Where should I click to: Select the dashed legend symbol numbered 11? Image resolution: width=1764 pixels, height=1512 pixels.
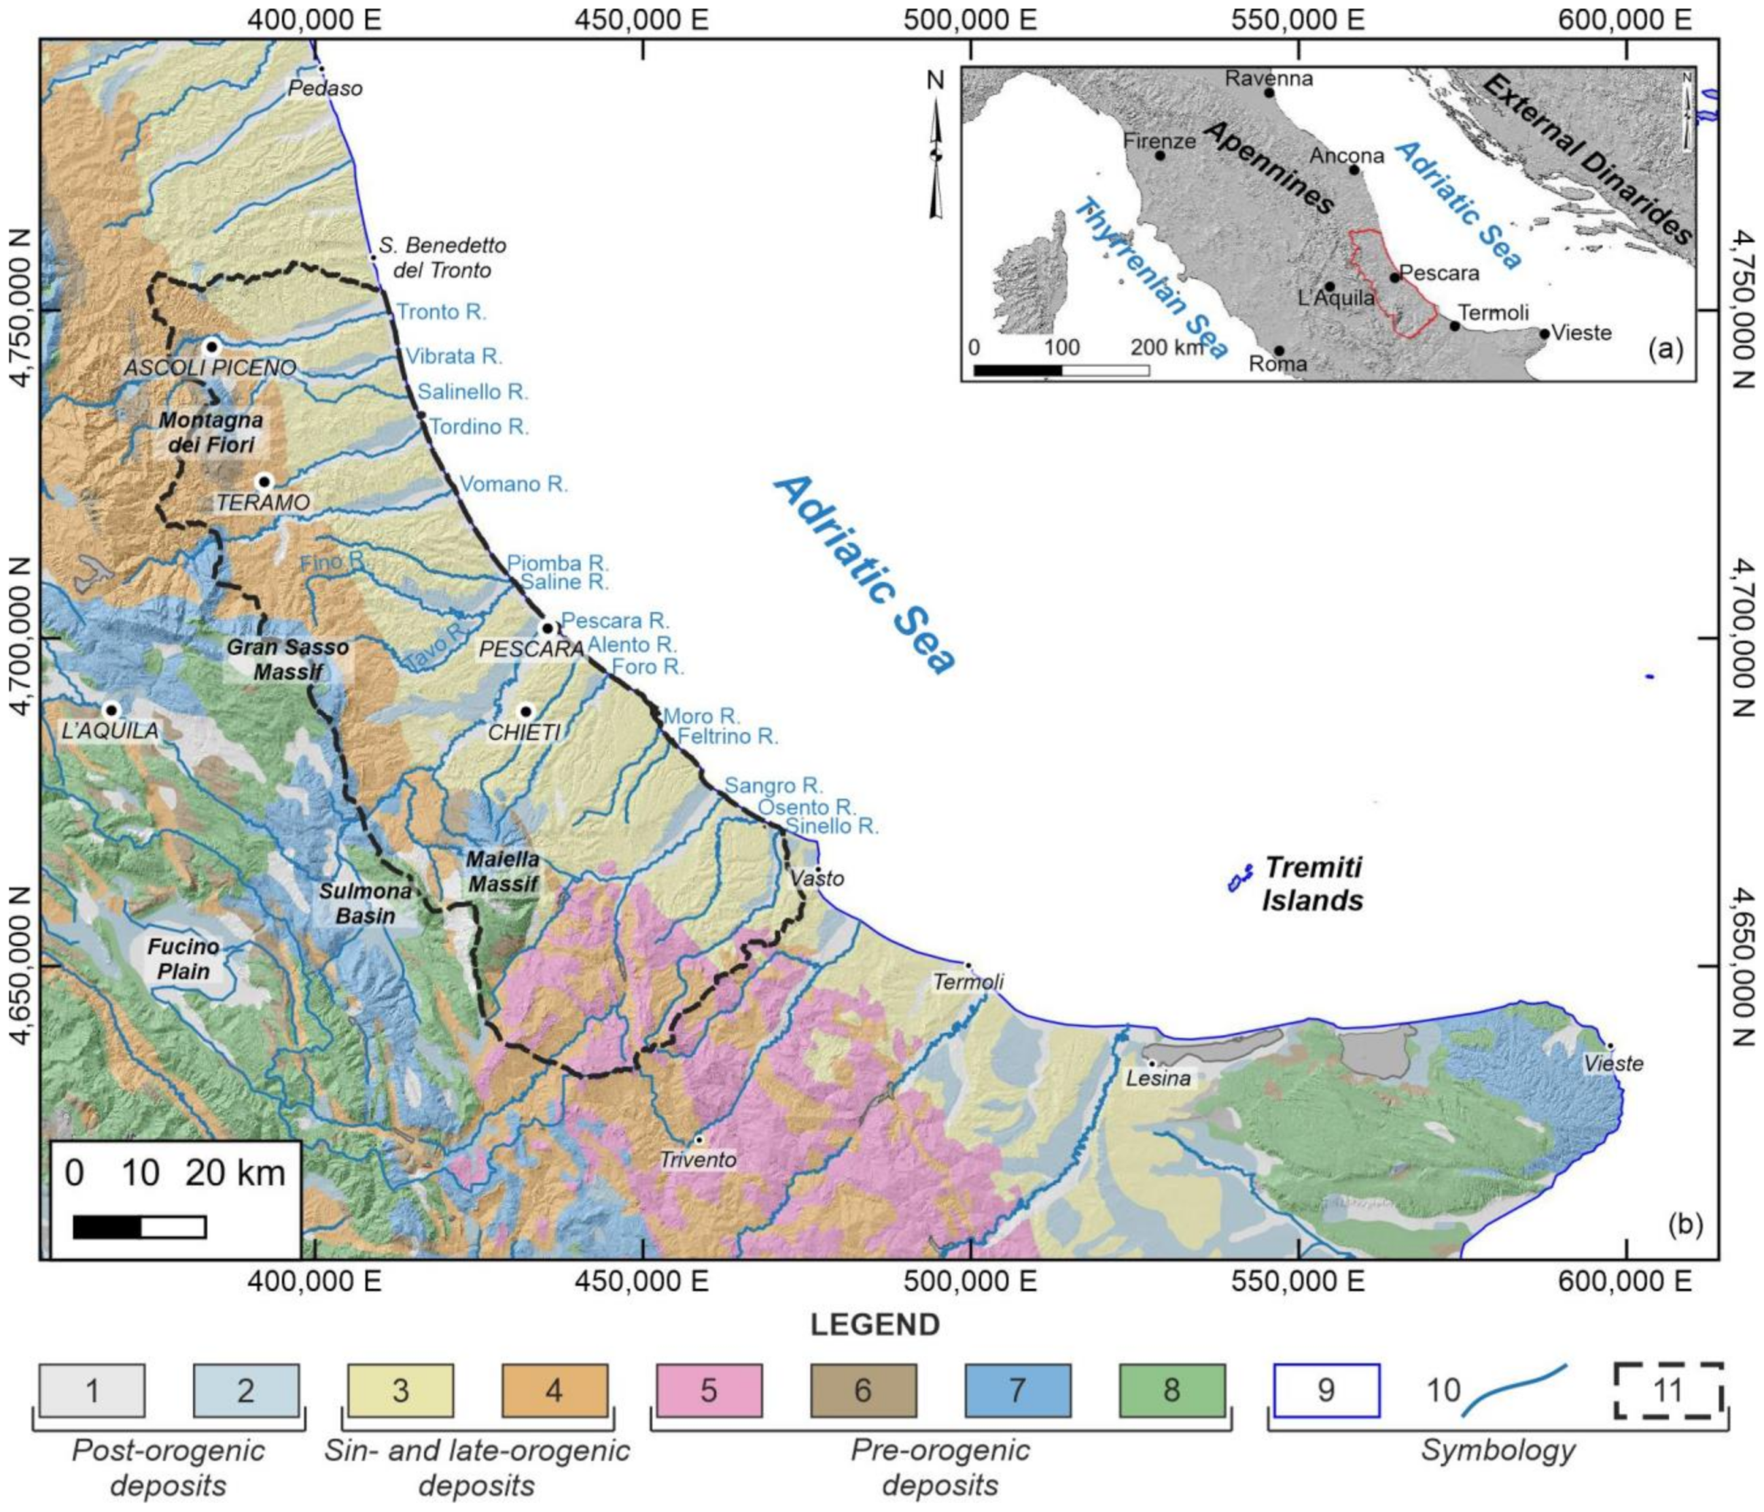coord(1668,1390)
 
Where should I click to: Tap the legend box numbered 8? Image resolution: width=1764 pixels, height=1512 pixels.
coord(1171,1390)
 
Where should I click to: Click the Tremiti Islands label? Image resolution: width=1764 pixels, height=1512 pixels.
coord(1312,883)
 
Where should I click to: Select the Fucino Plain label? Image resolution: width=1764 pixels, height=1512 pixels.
coord(183,959)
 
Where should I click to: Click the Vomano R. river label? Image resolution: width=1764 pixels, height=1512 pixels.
coord(513,485)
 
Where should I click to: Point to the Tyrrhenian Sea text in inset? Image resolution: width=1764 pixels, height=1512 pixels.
coord(1149,277)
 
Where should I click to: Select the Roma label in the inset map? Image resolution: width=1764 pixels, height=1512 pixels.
coord(1277,364)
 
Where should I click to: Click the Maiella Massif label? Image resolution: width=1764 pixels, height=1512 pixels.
coord(503,872)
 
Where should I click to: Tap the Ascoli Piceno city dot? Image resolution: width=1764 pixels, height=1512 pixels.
coord(212,347)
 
